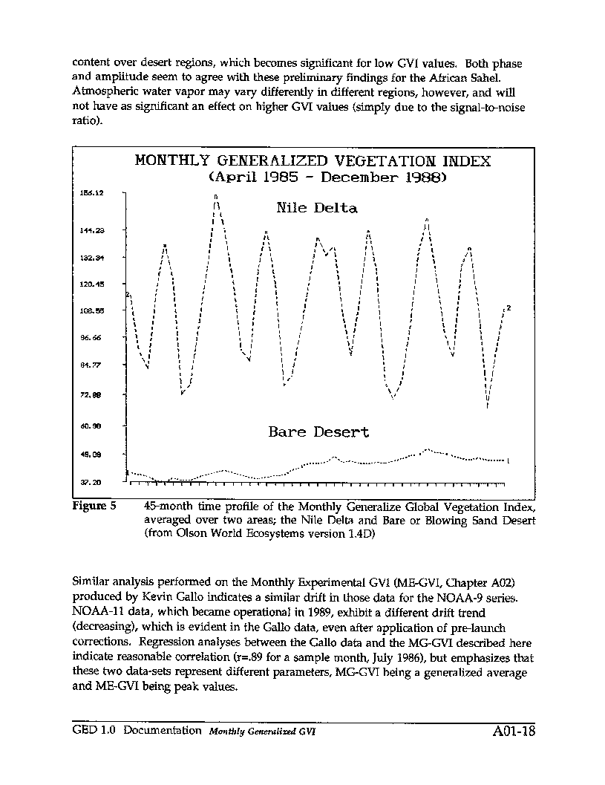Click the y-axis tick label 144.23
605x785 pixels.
click(92, 230)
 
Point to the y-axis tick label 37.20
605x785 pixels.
click(92, 482)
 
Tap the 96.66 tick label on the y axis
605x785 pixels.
click(92, 337)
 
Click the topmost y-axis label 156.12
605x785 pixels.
click(92, 192)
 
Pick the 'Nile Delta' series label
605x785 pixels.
click(317, 208)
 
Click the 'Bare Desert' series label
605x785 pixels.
click(318, 431)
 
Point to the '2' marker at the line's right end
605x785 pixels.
click(509, 308)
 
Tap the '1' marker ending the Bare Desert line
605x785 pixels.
click(508, 461)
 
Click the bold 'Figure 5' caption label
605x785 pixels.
click(94, 507)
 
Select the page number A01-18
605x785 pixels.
click(513, 732)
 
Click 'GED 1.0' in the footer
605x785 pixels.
click(91, 730)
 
